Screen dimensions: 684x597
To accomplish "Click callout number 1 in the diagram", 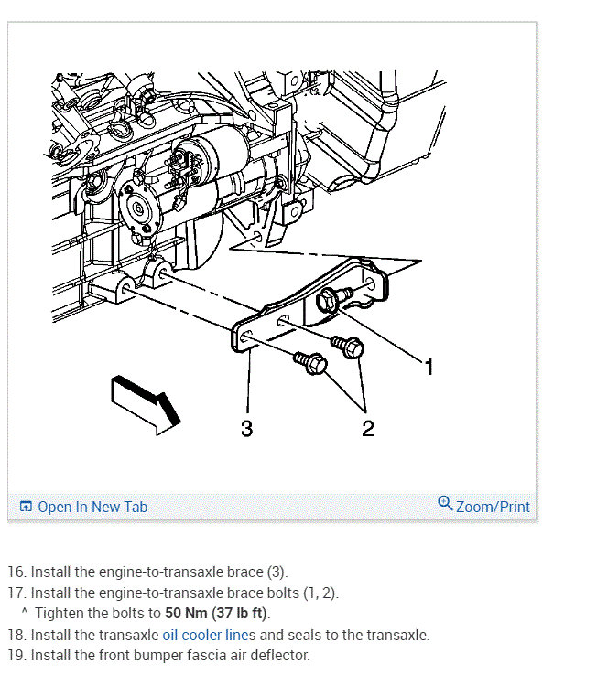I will [429, 368].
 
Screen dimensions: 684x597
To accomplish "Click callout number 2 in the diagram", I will [367, 428].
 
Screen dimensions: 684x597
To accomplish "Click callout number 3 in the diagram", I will [246, 428].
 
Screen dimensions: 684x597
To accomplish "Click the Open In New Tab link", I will [92, 507].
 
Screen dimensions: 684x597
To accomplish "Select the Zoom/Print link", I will [493, 506].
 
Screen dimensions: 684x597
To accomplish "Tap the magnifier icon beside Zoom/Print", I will [445, 503].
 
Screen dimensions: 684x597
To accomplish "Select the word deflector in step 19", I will [283, 655].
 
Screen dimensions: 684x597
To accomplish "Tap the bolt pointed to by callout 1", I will [330, 300].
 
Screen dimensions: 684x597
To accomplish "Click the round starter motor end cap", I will [138, 208].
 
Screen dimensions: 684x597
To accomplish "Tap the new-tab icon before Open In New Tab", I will [26, 507].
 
